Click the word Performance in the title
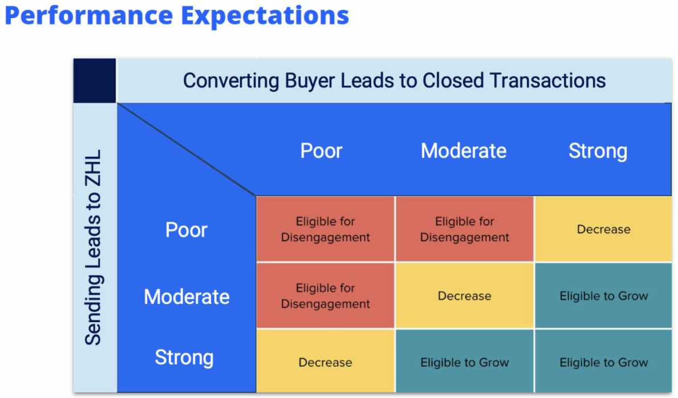88,15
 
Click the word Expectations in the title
265,15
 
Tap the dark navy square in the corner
95,80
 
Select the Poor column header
321,151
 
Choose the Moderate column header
464,151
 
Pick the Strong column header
598,151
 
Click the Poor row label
186,230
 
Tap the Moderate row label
186,297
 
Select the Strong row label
184,358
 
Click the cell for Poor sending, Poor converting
325,229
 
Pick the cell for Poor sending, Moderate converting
464,229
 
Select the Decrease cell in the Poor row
604,229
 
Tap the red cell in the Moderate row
325,296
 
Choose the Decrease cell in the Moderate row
464,296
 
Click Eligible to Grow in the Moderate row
604,296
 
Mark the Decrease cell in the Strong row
325,362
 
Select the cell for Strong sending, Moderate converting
464,362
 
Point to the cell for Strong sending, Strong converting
604,362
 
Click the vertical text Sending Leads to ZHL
94,247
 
